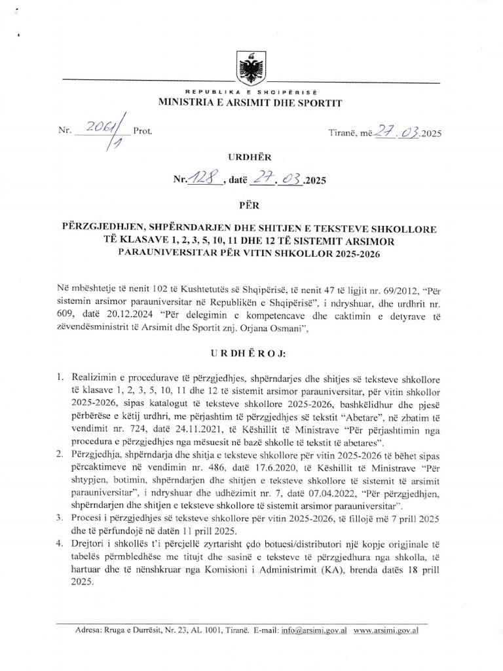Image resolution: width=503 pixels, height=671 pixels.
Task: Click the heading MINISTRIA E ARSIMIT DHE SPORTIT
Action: [x=250, y=102]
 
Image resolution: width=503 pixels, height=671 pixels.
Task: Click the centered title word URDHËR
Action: [x=250, y=157]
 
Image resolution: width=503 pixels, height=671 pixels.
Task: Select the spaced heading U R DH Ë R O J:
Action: [x=250, y=353]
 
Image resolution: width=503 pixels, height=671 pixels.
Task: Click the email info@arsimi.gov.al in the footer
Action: [x=314, y=631]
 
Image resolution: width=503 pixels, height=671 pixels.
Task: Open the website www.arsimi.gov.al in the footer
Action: [x=386, y=631]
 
